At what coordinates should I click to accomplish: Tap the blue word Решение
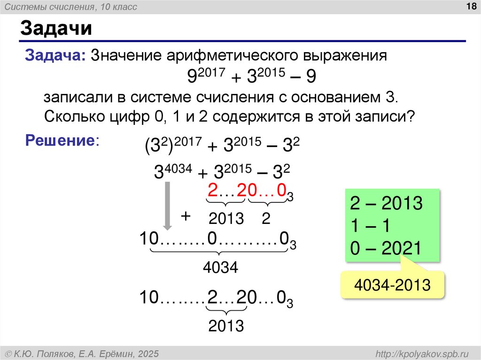[x=61, y=140]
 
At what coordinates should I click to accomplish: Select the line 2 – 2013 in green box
[x=386, y=204]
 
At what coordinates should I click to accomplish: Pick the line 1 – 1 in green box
[x=367, y=226]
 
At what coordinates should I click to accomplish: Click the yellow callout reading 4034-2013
[x=393, y=285]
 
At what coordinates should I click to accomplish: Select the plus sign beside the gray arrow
[x=186, y=216]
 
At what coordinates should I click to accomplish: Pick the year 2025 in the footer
[x=148, y=353]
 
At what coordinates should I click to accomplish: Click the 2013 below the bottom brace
[x=226, y=325]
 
